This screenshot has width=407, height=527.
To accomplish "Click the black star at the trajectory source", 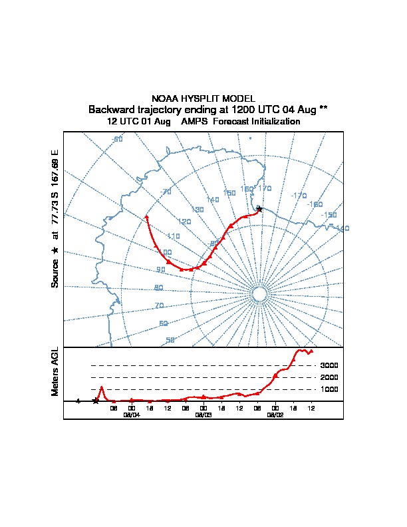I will [x=259, y=209].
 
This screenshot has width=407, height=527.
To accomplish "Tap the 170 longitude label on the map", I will [x=265, y=189].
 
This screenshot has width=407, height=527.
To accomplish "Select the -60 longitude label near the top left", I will [x=117, y=139].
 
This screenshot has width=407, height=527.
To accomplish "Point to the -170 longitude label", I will [x=299, y=196].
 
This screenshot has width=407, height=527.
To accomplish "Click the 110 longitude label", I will [x=174, y=236].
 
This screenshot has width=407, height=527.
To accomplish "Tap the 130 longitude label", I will [x=198, y=210].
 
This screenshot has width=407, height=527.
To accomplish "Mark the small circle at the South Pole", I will [x=259, y=293].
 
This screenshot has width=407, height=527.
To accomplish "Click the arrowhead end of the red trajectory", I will [x=146, y=217].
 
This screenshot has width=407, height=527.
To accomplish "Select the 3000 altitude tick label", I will [x=329, y=365].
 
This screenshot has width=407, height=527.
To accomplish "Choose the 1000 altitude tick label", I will [x=329, y=389].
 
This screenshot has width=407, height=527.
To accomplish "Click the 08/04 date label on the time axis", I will [x=132, y=414].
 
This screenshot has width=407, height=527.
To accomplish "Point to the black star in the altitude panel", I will [x=96, y=401].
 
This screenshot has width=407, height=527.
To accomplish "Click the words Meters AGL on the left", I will [x=55, y=372].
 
